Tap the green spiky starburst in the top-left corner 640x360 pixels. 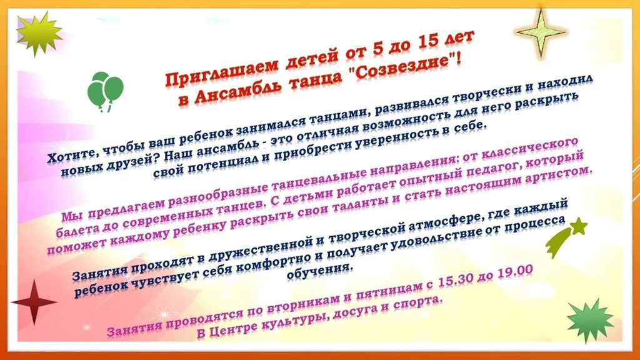point(39,33)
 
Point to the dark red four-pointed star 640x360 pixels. point(33,302)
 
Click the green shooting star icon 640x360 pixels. point(565,237)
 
